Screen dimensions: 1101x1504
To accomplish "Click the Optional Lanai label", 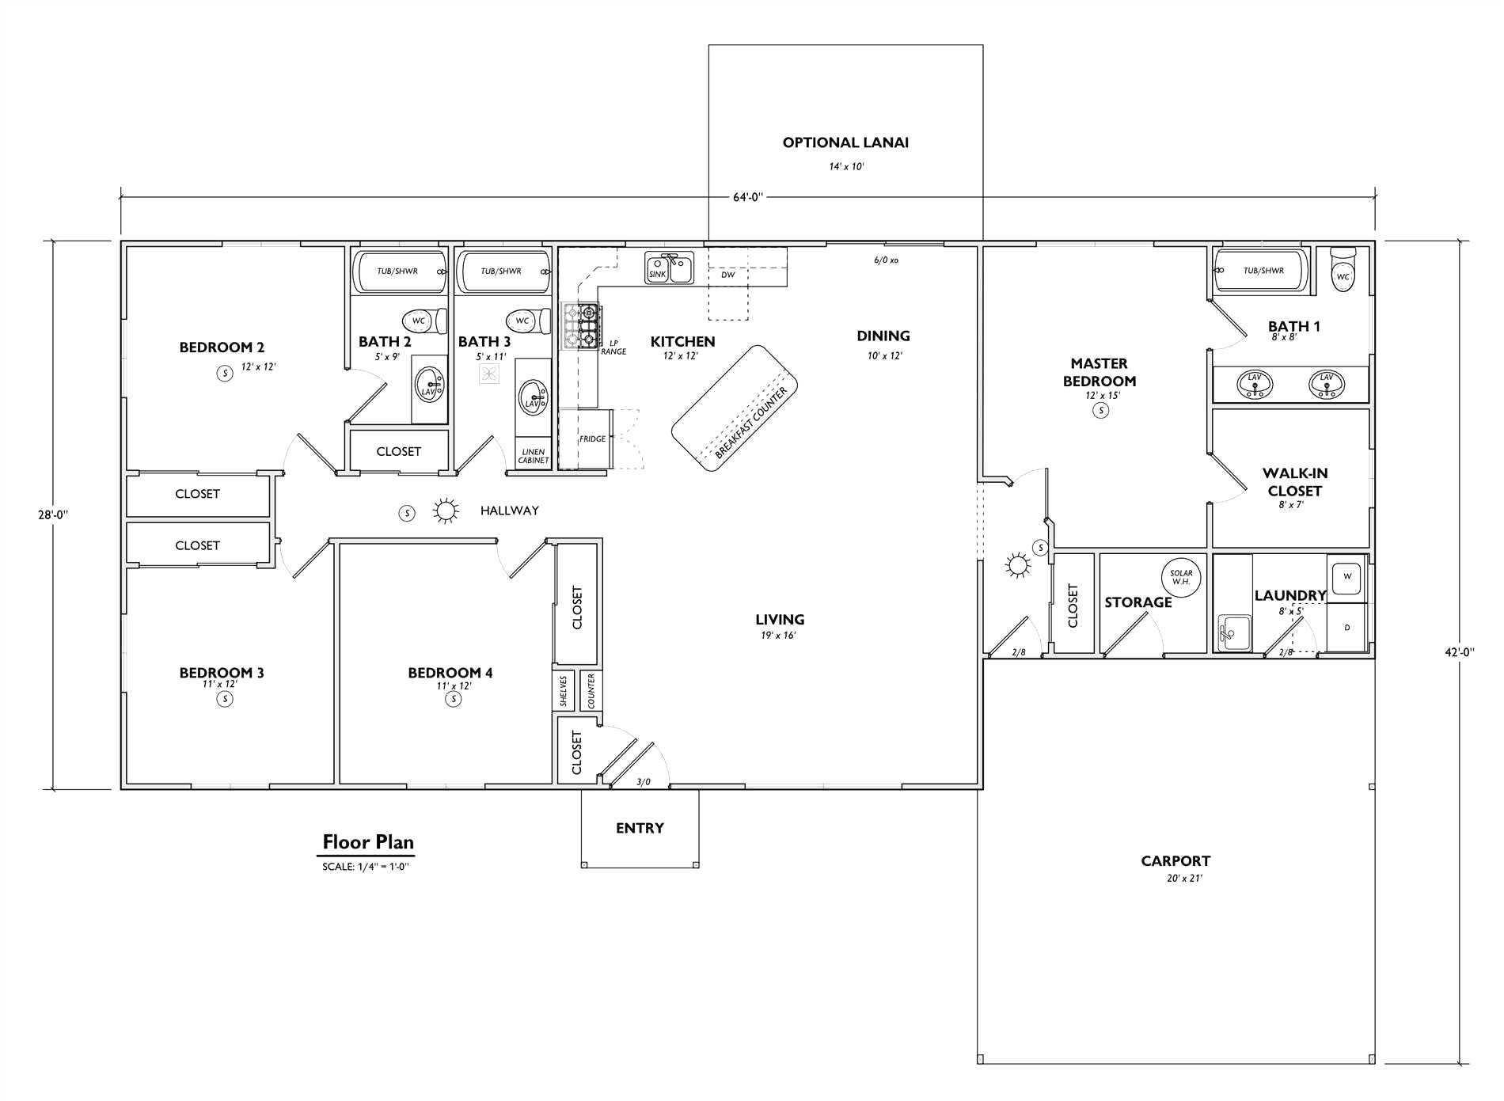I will tap(845, 142).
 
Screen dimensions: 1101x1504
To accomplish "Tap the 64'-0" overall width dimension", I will tap(748, 197).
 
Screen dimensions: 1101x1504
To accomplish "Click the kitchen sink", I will tap(669, 268).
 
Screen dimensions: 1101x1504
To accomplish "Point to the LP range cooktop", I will tap(580, 325).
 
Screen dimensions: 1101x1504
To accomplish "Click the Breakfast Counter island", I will tap(735, 408).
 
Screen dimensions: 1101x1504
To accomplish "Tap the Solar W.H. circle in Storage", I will tap(1181, 577).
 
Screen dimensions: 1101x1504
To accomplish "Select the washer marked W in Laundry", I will tap(1347, 577).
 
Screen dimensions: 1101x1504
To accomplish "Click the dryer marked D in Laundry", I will tap(1347, 628).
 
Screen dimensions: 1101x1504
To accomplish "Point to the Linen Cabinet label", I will tap(533, 456).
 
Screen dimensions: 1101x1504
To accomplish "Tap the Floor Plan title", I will tap(368, 842).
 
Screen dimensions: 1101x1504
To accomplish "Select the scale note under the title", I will tap(365, 867).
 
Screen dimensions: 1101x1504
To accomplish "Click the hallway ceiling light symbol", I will tap(446, 511).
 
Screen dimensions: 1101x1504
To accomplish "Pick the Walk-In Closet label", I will tap(1295, 481).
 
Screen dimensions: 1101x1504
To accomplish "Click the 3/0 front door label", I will tap(644, 782).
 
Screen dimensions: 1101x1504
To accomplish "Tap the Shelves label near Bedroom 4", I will tap(564, 690).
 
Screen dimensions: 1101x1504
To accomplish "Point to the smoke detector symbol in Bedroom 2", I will tap(225, 373).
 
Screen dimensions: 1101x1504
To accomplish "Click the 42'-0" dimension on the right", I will tap(1459, 653).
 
